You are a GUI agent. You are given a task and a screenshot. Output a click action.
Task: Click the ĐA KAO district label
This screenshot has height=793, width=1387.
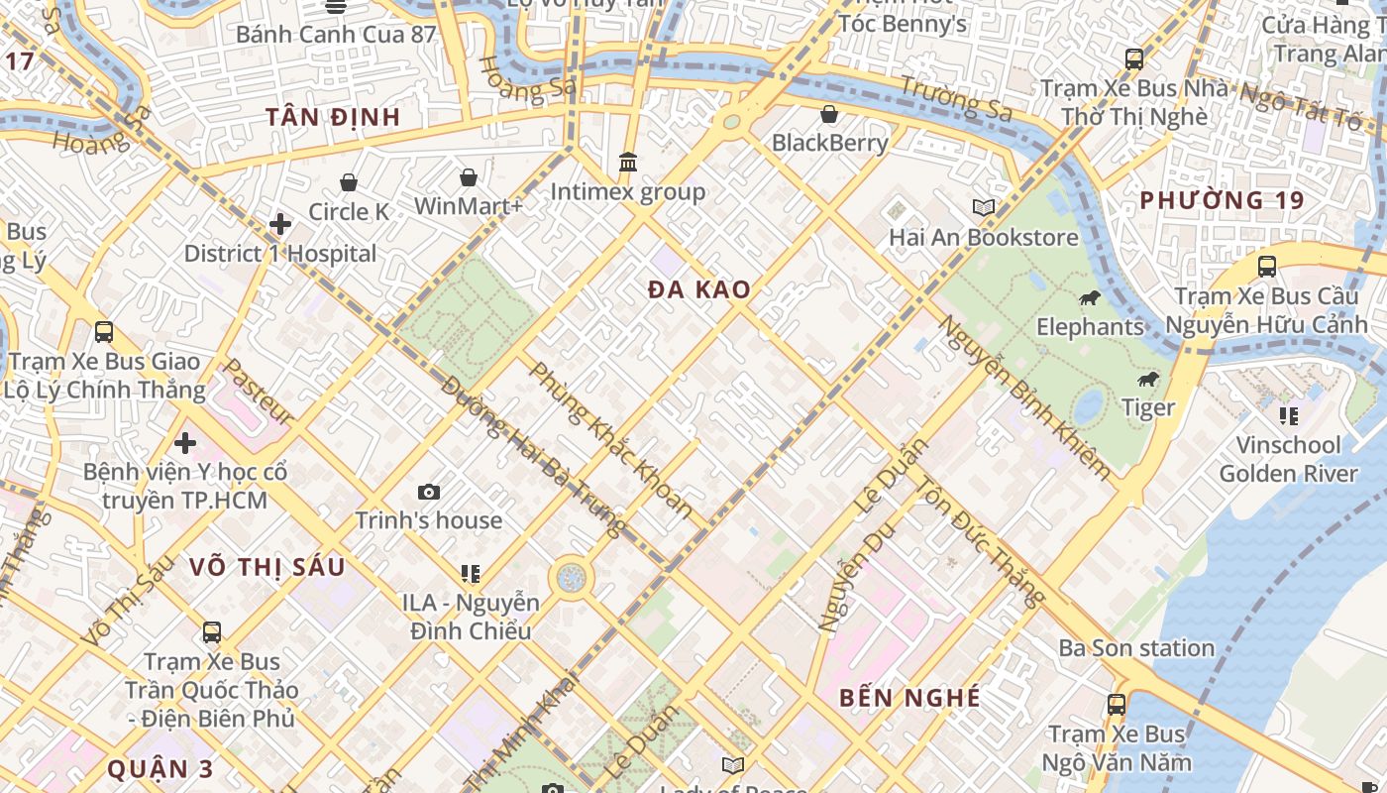tap(699, 290)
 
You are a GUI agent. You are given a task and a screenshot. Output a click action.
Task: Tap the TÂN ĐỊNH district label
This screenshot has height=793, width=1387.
tap(333, 117)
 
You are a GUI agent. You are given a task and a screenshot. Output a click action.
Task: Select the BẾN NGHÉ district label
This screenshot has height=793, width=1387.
tap(909, 698)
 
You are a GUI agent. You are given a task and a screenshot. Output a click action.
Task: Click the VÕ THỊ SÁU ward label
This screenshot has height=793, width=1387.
tap(267, 567)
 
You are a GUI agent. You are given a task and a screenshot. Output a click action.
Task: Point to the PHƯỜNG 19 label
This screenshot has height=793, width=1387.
tap(1222, 200)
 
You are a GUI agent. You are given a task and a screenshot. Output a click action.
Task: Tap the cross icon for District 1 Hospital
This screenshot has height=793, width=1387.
tap(280, 224)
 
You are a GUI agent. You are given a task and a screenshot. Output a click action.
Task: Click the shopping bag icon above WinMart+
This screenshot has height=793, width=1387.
tap(469, 177)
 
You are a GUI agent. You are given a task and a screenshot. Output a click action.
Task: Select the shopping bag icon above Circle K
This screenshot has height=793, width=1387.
tap(349, 182)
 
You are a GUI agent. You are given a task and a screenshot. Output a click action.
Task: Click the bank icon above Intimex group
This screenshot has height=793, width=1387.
tap(628, 162)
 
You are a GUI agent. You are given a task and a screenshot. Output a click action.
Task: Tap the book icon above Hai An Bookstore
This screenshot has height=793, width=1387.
tap(983, 207)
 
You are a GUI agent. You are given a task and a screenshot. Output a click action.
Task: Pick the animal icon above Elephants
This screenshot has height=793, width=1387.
tap(1089, 297)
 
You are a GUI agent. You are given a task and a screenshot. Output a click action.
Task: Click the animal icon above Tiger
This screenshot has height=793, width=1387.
tap(1148, 379)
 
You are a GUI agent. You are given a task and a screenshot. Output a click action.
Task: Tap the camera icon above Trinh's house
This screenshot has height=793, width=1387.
tap(429, 492)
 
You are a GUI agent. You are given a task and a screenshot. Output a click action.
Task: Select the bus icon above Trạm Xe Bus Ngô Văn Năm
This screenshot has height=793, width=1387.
tap(1117, 705)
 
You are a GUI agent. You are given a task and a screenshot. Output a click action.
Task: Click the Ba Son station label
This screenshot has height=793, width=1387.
tap(1136, 648)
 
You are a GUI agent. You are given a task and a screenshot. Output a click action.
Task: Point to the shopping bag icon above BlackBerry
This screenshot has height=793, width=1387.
tap(829, 114)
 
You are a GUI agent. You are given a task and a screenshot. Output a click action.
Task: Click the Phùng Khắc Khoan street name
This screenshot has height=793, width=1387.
tap(611, 440)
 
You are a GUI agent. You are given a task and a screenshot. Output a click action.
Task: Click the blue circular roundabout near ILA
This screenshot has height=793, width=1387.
tap(571, 578)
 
